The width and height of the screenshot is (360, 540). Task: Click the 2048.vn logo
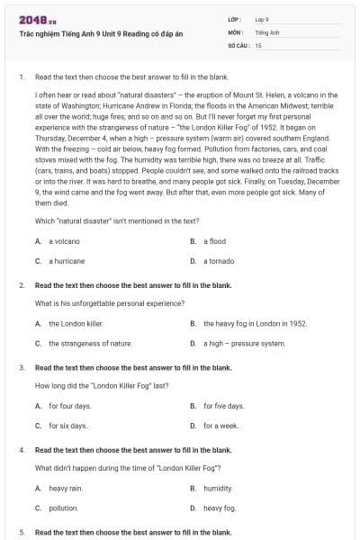pos(31,19)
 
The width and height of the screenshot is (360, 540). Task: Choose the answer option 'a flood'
pos(213,241)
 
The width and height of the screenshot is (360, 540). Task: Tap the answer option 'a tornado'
pos(217,261)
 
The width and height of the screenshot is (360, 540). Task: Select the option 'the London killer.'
pos(76,323)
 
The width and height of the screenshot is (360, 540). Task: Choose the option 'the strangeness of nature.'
pos(90,343)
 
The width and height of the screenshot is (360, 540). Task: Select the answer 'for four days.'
pos(70,406)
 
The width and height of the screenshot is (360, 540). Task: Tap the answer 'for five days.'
pos(223,406)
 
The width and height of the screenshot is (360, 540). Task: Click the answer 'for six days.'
pos(68,426)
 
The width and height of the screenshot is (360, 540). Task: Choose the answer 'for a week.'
pos(220,426)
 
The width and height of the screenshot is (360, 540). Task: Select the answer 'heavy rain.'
pos(66,488)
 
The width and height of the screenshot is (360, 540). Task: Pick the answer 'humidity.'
pos(218,488)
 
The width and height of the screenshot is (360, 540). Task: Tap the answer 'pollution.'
pos(64,508)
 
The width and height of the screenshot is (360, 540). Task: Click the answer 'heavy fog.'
pos(219,508)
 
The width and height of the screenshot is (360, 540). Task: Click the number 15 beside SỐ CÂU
pos(258,44)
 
